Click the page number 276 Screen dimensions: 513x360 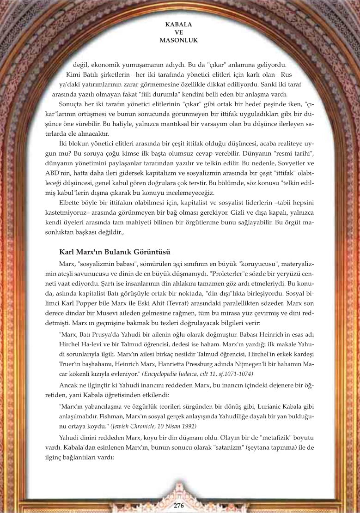pos(179,505)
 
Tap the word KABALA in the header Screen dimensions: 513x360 pos(178,24)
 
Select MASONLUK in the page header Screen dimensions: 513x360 pos(178,40)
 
